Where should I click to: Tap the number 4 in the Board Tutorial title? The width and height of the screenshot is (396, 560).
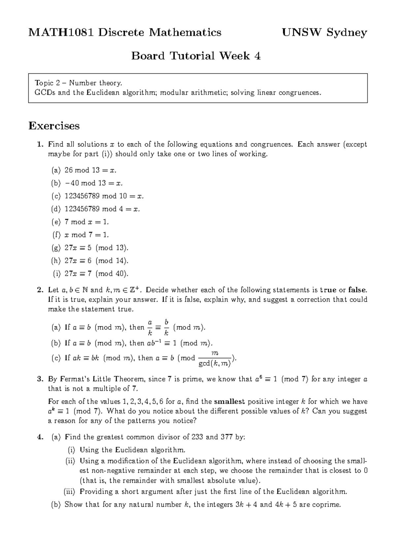257,56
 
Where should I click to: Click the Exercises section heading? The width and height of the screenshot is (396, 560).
54,126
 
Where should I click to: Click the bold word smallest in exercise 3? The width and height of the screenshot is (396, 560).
229,402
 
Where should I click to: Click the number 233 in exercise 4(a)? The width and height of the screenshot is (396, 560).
197,437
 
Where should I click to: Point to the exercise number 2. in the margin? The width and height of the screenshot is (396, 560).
40,290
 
